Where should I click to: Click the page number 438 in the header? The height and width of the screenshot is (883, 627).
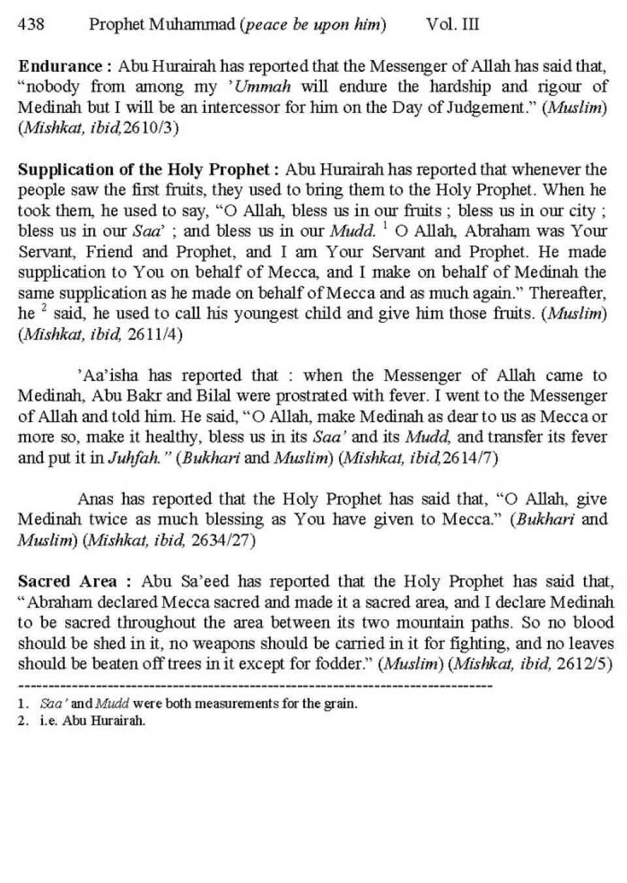tap(31, 25)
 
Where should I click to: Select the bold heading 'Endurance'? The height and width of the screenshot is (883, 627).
tap(60, 66)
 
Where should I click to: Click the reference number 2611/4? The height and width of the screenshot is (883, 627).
tap(155, 335)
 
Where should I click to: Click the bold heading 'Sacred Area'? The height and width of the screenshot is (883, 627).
tap(68, 581)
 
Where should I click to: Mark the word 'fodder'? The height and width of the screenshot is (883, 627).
tap(342, 664)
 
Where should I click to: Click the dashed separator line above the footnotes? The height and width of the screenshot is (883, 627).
tap(255, 686)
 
